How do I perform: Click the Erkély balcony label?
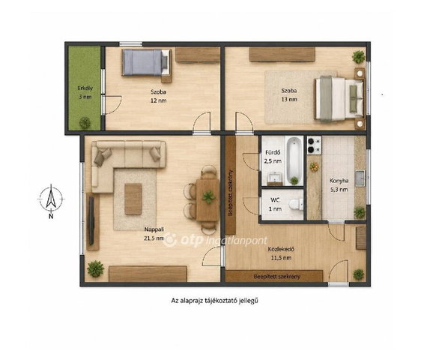click(x=85, y=88)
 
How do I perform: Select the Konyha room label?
click(x=339, y=181)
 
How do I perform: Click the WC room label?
click(x=275, y=200)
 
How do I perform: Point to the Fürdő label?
click(x=273, y=152)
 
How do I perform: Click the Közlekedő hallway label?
click(x=281, y=249)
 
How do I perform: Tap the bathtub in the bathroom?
click(x=294, y=160)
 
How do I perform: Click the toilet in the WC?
click(x=296, y=205)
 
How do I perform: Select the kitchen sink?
click(x=360, y=178)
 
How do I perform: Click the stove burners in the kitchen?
click(x=315, y=145)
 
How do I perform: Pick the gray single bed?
click(x=146, y=62)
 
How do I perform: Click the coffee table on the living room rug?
click(x=133, y=199)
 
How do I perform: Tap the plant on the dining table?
click(x=209, y=197)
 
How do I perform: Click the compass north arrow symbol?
click(x=51, y=198)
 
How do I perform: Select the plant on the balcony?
click(x=85, y=123)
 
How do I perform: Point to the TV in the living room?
click(x=91, y=221)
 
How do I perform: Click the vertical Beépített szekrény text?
click(x=231, y=193)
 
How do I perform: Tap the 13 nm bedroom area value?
click(x=289, y=99)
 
